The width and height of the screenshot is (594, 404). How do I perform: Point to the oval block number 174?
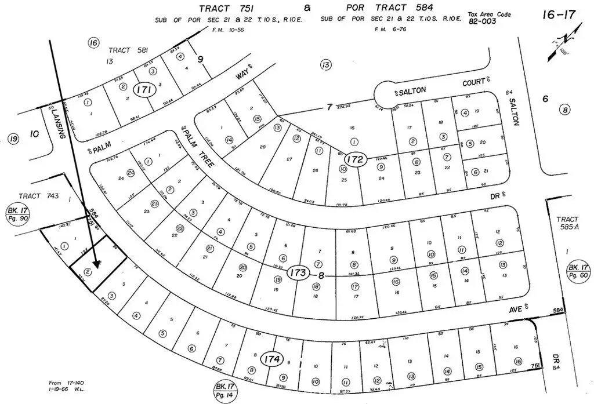[x=272, y=359]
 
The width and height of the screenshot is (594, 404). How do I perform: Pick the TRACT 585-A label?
[x=567, y=224]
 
